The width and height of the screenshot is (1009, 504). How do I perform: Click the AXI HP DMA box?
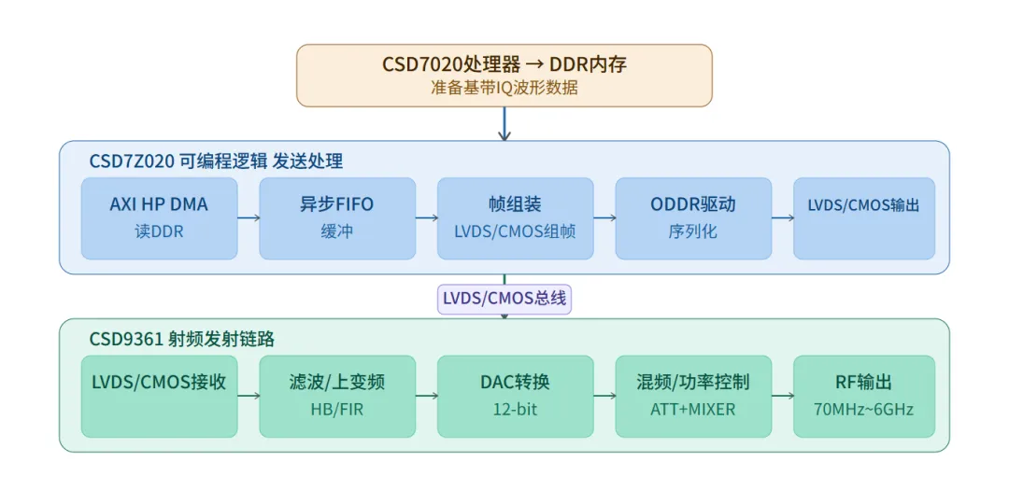[x=159, y=218]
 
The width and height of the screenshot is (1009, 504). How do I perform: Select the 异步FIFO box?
[x=337, y=218]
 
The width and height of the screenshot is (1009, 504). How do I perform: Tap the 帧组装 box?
[x=516, y=218]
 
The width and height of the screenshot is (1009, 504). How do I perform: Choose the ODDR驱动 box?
[x=693, y=218]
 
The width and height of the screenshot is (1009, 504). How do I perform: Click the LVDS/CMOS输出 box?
[x=864, y=218]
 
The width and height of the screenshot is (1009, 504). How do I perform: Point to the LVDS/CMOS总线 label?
[x=504, y=299]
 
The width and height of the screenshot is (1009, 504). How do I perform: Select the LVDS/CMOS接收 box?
[x=159, y=396]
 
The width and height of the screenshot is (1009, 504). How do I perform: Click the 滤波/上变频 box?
[x=337, y=396]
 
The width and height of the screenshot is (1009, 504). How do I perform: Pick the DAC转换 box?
[x=516, y=396]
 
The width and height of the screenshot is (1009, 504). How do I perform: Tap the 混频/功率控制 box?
[x=693, y=396]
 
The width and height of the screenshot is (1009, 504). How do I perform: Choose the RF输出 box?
[x=864, y=396]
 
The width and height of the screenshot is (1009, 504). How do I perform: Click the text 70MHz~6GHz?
[x=864, y=410]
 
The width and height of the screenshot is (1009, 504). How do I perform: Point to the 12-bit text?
[x=516, y=410]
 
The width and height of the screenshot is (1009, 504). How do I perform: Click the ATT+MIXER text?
[x=693, y=410]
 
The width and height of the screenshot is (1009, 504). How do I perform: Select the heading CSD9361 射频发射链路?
[x=182, y=339]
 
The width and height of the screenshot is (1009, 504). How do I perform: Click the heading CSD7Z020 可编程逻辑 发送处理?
[x=216, y=161]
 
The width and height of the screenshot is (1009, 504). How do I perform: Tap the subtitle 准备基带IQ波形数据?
[x=504, y=88]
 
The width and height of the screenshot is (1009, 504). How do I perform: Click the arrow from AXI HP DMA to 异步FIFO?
[x=249, y=217]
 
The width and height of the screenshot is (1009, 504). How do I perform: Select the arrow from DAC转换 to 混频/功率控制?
[x=604, y=396]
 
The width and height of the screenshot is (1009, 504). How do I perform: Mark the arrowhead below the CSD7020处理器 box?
[x=504, y=135]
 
